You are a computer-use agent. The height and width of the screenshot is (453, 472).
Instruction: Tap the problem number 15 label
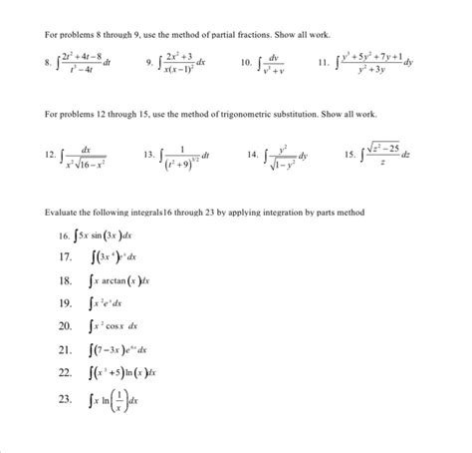coord(348,156)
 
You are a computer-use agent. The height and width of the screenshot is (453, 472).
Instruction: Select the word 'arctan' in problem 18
coord(109,282)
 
